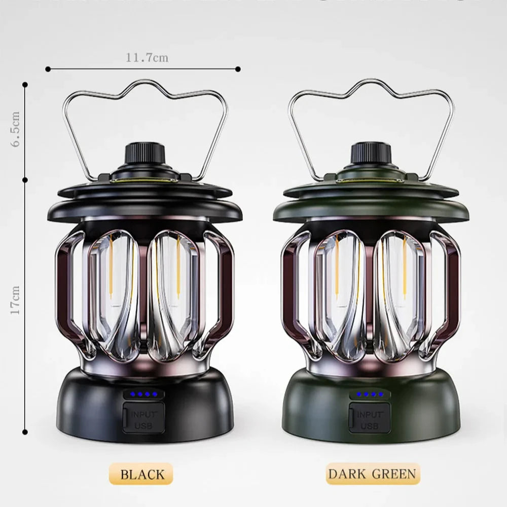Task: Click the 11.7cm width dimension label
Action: (x=147, y=58)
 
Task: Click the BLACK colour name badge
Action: (x=142, y=475)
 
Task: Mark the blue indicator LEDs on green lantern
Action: (x=369, y=394)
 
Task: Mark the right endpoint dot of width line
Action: (x=238, y=68)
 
